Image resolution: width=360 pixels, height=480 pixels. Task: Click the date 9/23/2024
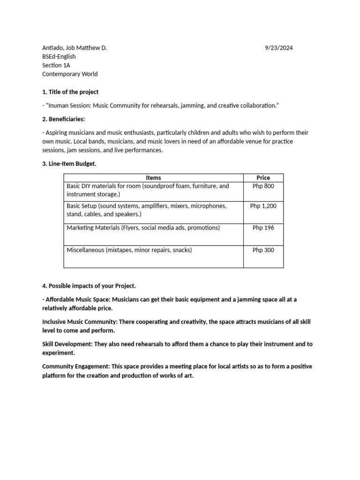tap(279, 48)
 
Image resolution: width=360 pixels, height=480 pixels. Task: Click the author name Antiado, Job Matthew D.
tap(75, 48)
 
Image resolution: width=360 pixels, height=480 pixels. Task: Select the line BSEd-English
tap(59, 57)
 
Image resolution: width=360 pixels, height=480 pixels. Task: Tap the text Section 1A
tap(56, 66)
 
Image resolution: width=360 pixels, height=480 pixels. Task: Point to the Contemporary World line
tap(70, 74)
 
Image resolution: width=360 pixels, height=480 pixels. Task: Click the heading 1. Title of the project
tap(70, 92)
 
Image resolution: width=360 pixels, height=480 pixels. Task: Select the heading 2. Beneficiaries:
tap(64, 120)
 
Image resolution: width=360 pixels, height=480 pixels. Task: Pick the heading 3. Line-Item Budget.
tap(69, 163)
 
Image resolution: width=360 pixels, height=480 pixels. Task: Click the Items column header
tap(153, 178)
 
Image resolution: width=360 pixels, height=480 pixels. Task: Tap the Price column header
tap(263, 178)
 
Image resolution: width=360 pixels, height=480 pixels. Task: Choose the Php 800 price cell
tap(263, 186)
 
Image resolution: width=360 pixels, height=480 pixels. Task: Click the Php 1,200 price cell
tap(263, 206)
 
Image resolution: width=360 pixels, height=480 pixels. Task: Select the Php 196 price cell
tap(263, 228)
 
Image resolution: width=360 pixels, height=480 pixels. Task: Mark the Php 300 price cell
tap(263, 250)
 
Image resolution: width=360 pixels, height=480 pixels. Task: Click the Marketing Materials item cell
tap(143, 228)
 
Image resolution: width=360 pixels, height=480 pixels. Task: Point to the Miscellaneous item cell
tap(129, 250)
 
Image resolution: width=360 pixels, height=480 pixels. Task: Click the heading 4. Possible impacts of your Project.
tap(89, 285)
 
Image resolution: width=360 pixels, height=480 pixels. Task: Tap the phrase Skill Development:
tap(67, 344)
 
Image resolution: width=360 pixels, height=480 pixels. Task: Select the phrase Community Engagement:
tap(76, 366)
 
